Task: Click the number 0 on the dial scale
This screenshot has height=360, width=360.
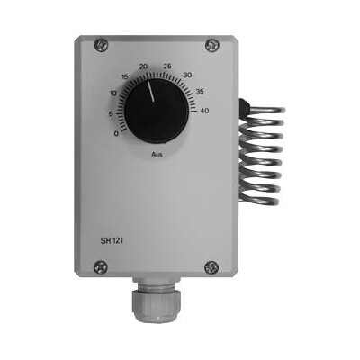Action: pos(116,134)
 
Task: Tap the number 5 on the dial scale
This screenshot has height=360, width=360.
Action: pos(111,114)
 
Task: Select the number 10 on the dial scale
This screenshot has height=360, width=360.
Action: pos(113,94)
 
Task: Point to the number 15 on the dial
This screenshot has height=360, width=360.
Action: pos(125,77)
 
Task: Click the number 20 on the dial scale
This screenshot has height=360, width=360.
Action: pos(144,67)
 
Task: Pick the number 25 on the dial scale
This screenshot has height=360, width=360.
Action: pos(167,67)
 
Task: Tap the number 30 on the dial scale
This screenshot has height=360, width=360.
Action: pos(187,75)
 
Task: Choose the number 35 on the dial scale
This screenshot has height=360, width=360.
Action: pos(200,91)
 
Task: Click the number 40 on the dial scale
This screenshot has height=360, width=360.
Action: pos(204,111)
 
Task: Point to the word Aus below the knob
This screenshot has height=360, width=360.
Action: pos(157,155)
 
